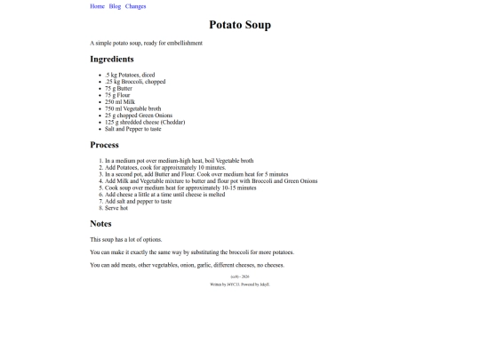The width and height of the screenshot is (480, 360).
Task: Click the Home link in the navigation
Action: click(x=97, y=6)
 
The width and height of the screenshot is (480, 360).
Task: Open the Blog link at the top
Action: click(x=115, y=6)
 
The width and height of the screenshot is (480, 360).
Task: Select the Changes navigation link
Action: click(x=136, y=6)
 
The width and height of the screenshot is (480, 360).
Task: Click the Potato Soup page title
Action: click(x=240, y=25)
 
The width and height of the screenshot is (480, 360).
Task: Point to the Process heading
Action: click(x=104, y=144)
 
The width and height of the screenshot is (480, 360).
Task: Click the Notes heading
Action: click(x=102, y=223)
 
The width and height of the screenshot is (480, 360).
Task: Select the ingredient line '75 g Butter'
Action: click(x=118, y=89)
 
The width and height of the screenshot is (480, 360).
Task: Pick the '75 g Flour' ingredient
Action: click(x=117, y=95)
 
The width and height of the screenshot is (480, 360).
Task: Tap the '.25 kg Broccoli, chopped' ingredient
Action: click(x=135, y=82)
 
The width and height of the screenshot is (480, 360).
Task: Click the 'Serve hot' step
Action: click(x=116, y=208)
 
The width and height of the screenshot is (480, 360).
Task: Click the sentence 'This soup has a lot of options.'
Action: click(x=126, y=240)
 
